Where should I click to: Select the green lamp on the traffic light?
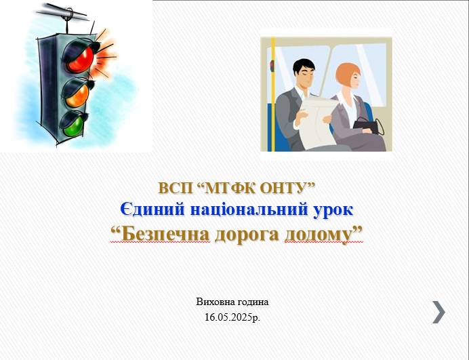(x=73, y=126)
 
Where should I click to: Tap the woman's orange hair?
(x=348, y=75)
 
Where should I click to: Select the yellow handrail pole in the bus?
(x=273, y=94)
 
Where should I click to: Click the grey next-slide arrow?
(x=439, y=312)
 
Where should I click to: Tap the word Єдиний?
(x=152, y=209)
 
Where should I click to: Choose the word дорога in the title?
(x=247, y=235)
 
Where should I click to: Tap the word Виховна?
(x=216, y=302)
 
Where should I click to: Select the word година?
(x=253, y=302)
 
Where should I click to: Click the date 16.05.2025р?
(x=232, y=317)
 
